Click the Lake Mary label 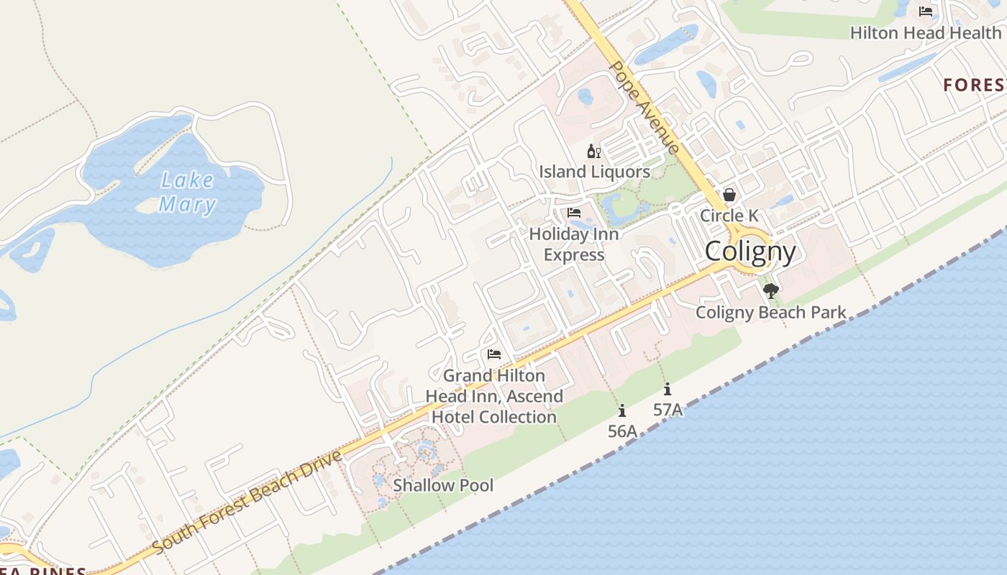pos(187,193)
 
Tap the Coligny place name pos(750,252)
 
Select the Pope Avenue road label pos(644,107)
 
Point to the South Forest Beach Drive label pos(247,502)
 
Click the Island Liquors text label pos(595,172)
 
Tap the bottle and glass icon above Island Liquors pos(594,151)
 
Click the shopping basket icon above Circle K pos(729,195)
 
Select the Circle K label pos(729,216)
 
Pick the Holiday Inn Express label pos(574,244)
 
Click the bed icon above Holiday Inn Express pos(574,213)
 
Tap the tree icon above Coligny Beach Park pos(771,291)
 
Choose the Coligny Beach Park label pos(771,313)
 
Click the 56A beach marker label pos(622,431)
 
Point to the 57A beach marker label pos(667,410)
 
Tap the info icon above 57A pos(667,389)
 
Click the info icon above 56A pos(622,410)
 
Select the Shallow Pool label pos(443,486)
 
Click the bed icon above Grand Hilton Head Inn pos(494,354)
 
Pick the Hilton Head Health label pos(926,32)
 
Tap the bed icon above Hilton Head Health pos(926,11)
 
